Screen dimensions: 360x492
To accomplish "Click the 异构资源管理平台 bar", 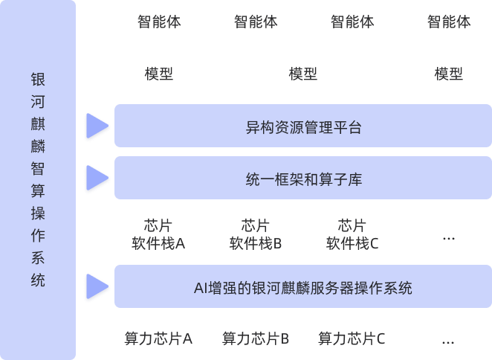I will pyautogui.click(x=303, y=126).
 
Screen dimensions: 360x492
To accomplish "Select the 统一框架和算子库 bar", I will pyautogui.click(x=303, y=179).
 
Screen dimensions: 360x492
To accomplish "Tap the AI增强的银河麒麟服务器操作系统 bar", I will pyautogui.click(x=303, y=286).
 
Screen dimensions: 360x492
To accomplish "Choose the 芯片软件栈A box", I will pyautogui.click(x=158, y=234).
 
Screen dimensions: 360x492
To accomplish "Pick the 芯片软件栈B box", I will pyautogui.click(x=255, y=234).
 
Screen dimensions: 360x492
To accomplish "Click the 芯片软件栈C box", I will pyautogui.click(x=352, y=234).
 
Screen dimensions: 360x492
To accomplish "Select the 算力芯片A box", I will pyautogui.click(x=158, y=339).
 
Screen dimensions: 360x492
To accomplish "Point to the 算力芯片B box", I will pyautogui.click(x=255, y=339).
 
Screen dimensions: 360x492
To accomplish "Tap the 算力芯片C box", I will pyautogui.click(x=352, y=339).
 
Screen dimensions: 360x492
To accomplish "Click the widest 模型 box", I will pyautogui.click(x=303, y=74).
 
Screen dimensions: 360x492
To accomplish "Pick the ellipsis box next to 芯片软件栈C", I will pyautogui.click(x=448, y=234).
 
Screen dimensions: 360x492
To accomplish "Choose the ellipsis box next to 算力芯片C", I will pyautogui.click(x=448, y=339).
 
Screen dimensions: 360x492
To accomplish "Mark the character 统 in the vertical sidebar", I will pyautogui.click(x=38, y=280).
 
